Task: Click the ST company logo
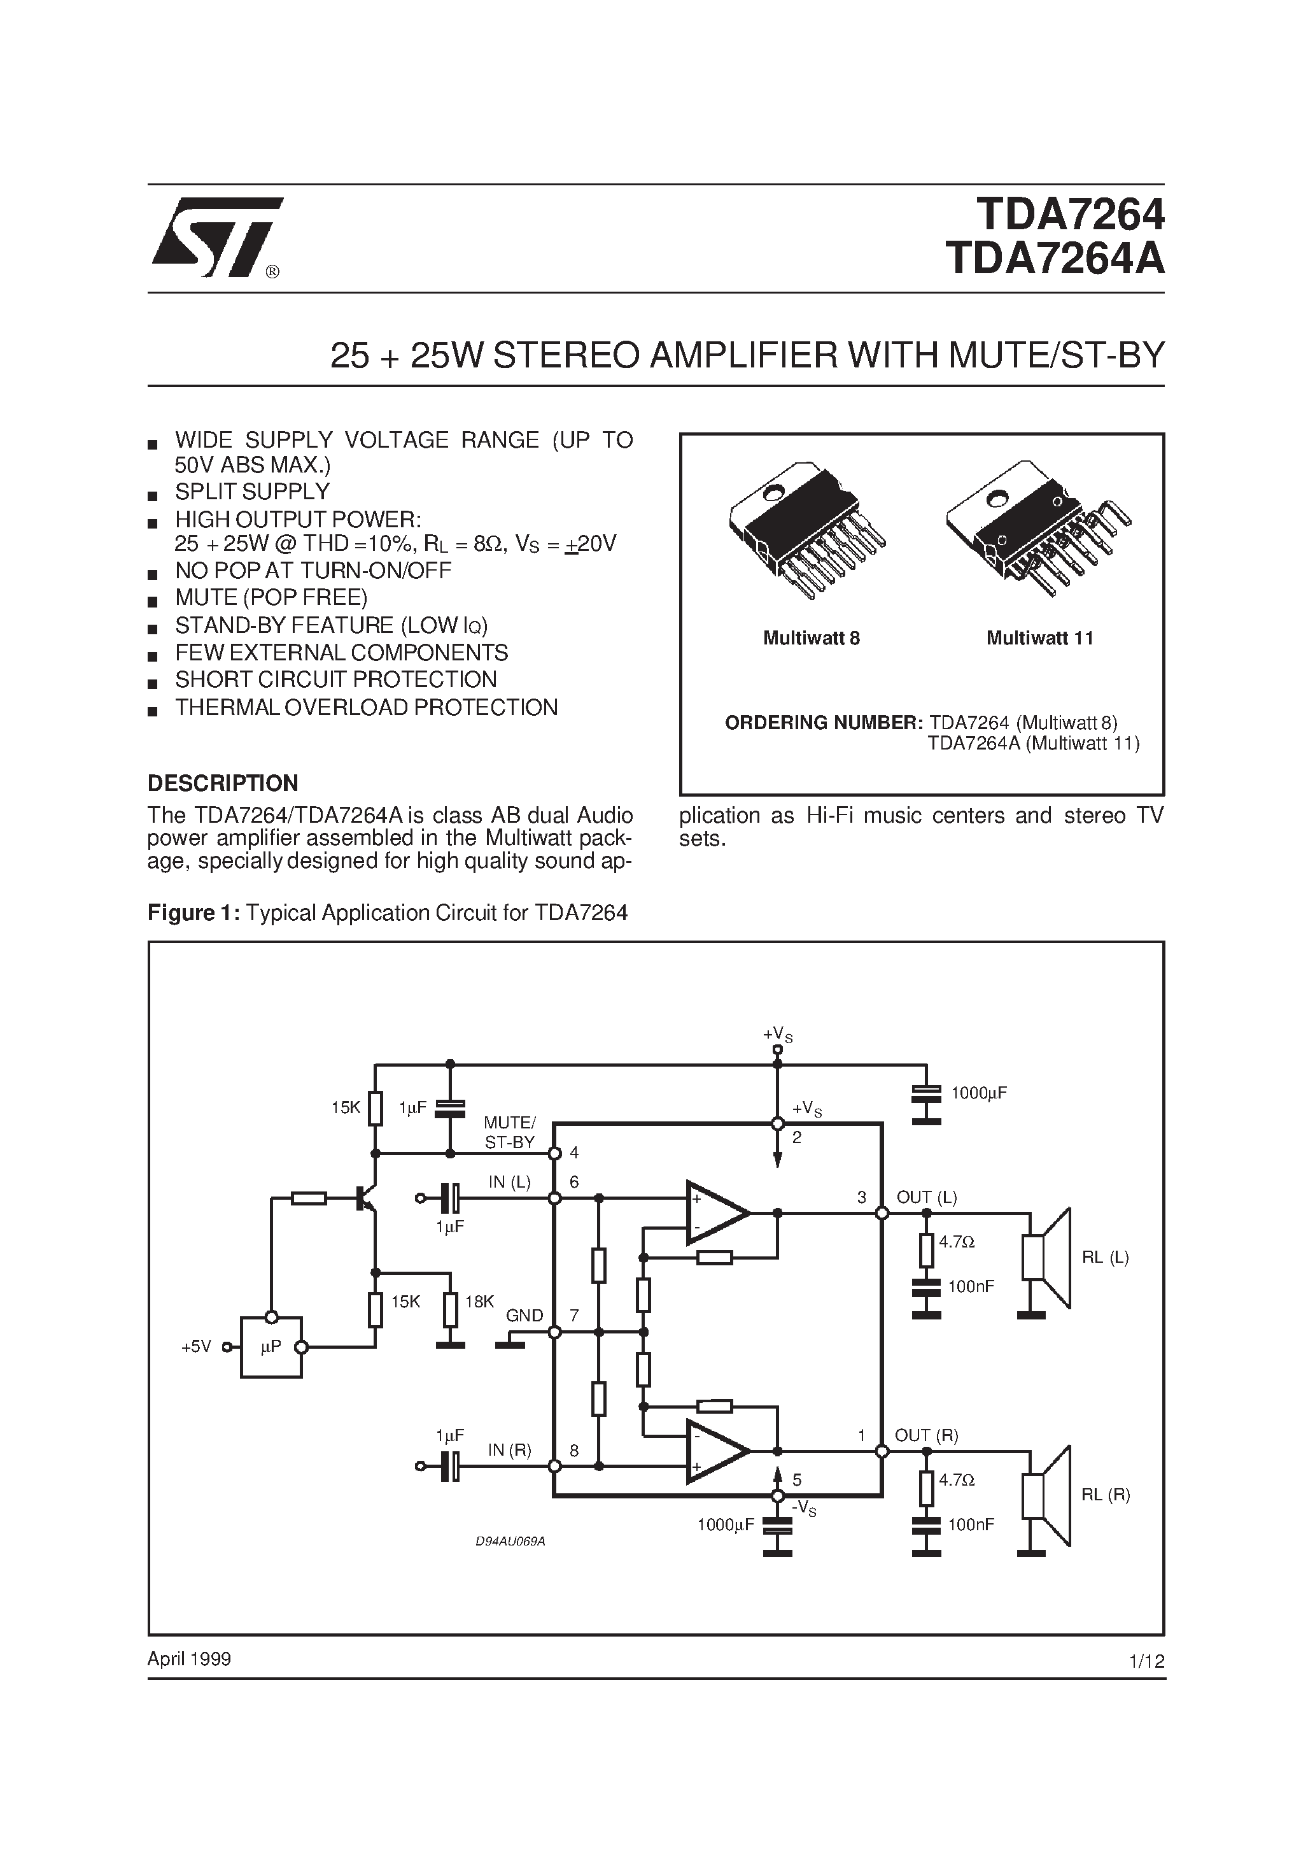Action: (216, 237)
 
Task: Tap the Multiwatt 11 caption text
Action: (1039, 638)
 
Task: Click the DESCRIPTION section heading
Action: (223, 783)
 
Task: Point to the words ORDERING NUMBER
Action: (823, 721)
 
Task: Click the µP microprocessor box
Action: (271, 1347)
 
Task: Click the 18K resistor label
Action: (479, 1302)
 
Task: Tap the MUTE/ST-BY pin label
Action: (509, 1132)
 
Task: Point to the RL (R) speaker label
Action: (1106, 1495)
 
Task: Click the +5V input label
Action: (196, 1347)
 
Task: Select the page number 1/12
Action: (1146, 1661)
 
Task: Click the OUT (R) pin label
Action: (926, 1435)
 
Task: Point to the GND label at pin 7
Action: (524, 1314)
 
